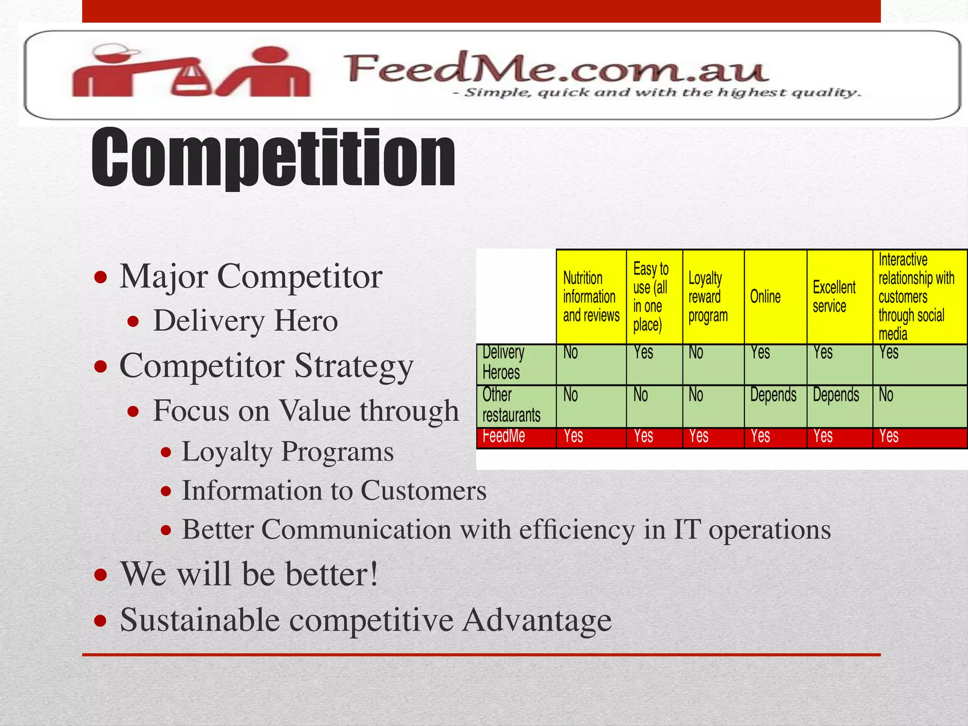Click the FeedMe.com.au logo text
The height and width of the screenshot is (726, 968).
[x=556, y=69]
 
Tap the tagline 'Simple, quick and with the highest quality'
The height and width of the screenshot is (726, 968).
[x=657, y=93]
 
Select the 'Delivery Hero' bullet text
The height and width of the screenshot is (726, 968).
[x=245, y=321]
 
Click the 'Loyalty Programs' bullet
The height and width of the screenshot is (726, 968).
[x=287, y=451]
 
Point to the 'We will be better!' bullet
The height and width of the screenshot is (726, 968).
[x=249, y=574]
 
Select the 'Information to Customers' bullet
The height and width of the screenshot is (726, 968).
[x=334, y=490]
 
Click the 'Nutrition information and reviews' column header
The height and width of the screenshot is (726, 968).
[x=591, y=297]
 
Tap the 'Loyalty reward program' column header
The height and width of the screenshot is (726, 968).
[x=708, y=297]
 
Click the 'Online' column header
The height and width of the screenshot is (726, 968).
[x=765, y=297]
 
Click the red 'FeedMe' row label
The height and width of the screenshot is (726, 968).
[x=504, y=436]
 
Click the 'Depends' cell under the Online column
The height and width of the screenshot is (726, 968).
[x=773, y=395]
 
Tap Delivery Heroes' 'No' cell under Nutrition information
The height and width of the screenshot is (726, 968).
[x=570, y=353]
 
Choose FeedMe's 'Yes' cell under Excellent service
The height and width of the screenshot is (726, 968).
[x=823, y=436]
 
